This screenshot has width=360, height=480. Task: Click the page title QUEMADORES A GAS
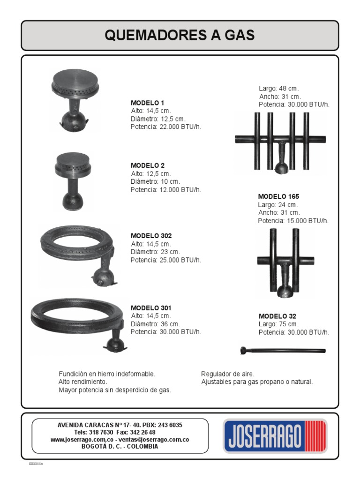180,35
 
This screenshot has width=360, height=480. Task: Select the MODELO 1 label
147,103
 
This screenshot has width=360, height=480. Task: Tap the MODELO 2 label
147,165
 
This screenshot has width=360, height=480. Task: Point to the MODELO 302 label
151,236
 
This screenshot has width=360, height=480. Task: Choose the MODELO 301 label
151,308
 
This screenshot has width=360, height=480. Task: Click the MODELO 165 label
278,196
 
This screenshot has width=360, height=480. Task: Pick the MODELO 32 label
277,316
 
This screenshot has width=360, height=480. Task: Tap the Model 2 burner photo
73,179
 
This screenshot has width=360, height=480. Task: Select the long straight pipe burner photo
283,350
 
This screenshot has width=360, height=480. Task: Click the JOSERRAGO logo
275,436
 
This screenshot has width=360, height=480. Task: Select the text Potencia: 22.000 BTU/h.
166,127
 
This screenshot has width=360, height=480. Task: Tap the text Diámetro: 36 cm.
155,324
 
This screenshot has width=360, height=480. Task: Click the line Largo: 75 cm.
278,324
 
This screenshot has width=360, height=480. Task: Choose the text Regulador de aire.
228,374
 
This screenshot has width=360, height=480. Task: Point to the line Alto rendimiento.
82,382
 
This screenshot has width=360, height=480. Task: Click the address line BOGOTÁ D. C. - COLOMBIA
120,447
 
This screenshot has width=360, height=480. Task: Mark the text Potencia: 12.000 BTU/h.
166,190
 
